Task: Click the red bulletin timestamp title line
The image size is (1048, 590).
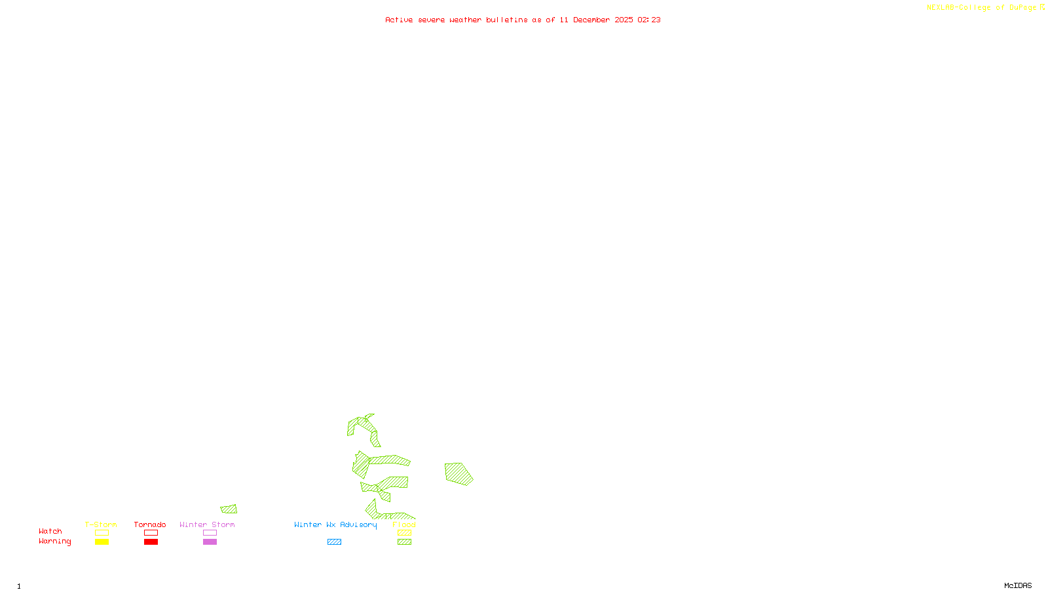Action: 523,20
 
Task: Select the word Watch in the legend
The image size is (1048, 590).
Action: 50,531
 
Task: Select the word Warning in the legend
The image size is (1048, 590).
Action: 54,541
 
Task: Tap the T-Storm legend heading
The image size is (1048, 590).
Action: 101,524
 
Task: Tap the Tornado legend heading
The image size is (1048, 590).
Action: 150,524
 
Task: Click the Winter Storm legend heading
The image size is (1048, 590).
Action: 207,524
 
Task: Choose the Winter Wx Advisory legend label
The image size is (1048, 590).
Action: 335,524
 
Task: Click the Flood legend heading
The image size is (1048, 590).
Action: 404,524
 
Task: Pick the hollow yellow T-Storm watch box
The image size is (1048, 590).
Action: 102,533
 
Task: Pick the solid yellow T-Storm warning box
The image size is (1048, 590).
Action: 102,542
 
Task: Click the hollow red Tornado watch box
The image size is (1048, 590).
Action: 151,533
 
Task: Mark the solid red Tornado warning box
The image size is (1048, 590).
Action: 151,542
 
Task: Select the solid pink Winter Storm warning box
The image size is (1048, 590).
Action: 210,542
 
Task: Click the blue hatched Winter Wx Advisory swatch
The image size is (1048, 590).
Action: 334,542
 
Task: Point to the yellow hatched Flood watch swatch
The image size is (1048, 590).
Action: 404,533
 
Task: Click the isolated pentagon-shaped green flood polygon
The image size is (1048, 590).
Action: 458,473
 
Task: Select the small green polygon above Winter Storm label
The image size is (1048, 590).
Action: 229,509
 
